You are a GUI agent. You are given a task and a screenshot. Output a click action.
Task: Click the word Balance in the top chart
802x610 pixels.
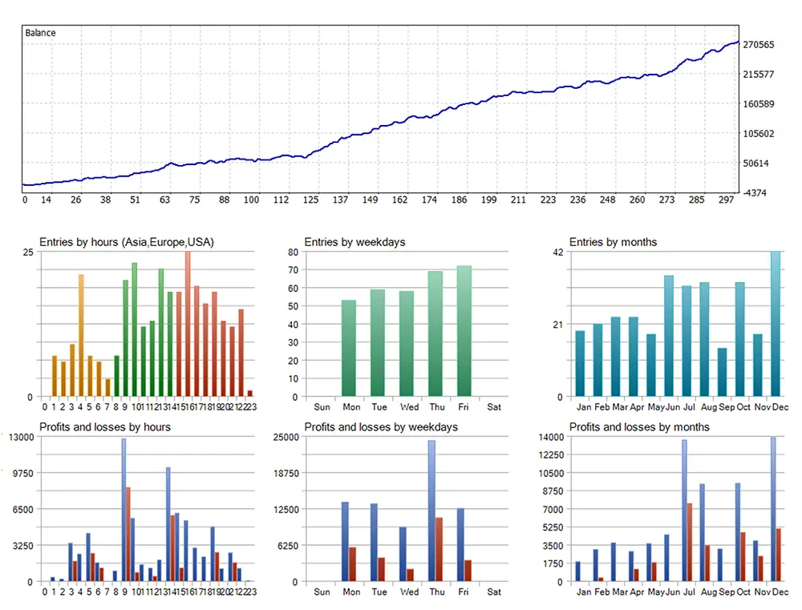[x=40, y=33]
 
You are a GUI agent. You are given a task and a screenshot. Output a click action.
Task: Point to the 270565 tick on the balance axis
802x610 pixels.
[x=758, y=45]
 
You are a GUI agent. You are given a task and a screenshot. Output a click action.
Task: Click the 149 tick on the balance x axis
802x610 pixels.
[x=370, y=200]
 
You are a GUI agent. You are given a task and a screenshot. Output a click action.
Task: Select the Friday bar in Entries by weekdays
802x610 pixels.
[x=464, y=331]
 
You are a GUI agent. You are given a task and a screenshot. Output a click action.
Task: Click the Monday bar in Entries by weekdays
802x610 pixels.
[x=349, y=348]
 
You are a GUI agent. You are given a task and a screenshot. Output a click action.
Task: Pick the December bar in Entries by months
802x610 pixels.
[x=776, y=324]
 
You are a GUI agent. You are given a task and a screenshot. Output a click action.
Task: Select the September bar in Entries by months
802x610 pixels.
[x=722, y=372]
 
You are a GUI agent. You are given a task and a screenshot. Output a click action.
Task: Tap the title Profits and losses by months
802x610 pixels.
[x=639, y=427]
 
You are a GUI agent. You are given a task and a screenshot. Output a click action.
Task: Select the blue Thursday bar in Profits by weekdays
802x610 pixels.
[x=431, y=511]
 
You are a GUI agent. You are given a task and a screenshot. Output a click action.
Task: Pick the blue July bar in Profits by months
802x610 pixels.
[x=684, y=511]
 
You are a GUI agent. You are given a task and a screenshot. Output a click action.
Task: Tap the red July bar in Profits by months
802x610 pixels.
[x=690, y=542]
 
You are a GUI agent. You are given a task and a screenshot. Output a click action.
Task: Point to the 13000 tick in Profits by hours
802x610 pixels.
[x=20, y=437]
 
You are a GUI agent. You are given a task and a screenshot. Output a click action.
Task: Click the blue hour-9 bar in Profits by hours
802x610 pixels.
[x=124, y=510]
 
